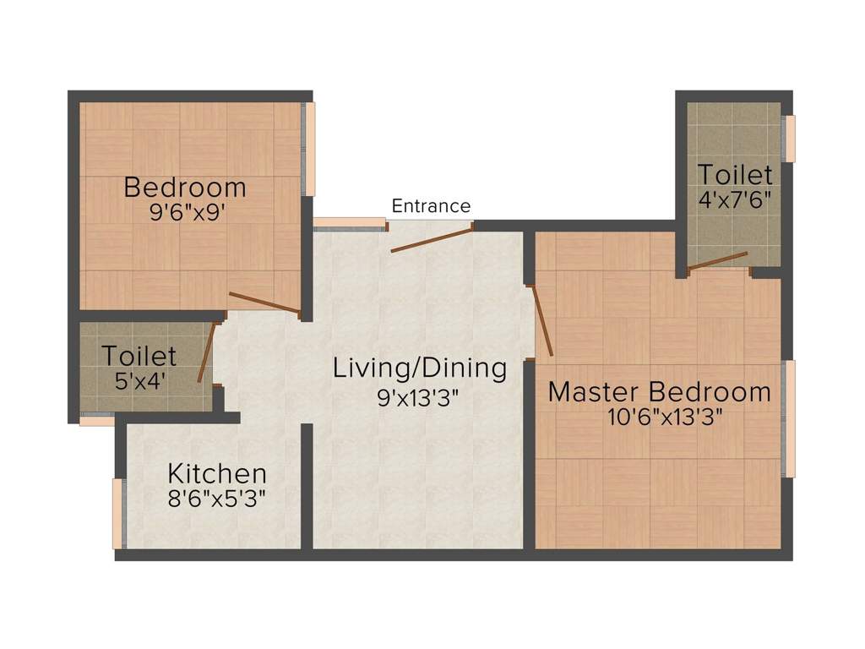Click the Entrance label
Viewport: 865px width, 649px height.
[x=431, y=206]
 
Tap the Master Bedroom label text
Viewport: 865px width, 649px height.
[x=659, y=392]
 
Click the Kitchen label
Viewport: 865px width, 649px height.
[x=217, y=473]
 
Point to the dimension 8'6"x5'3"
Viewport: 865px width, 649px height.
[x=217, y=499]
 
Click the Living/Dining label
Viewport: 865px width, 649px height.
[x=420, y=368]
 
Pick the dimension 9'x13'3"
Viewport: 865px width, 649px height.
[x=418, y=397]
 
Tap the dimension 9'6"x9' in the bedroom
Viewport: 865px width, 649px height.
[x=188, y=212]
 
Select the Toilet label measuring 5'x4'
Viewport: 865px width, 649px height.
[x=139, y=356]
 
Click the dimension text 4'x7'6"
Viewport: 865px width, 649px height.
[x=734, y=199]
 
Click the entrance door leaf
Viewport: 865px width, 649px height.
[x=432, y=239]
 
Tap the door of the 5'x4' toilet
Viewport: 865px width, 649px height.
[x=207, y=352]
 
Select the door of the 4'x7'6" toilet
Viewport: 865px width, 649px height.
[x=717, y=261]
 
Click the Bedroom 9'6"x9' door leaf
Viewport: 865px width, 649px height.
[x=264, y=303]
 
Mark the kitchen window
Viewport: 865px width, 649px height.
[x=118, y=514]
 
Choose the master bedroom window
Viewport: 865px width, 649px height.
[x=789, y=419]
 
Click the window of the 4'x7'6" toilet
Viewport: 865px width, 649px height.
[x=790, y=139]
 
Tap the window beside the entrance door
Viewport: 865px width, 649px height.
[x=350, y=223]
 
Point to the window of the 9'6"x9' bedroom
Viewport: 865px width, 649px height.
[x=308, y=149]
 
